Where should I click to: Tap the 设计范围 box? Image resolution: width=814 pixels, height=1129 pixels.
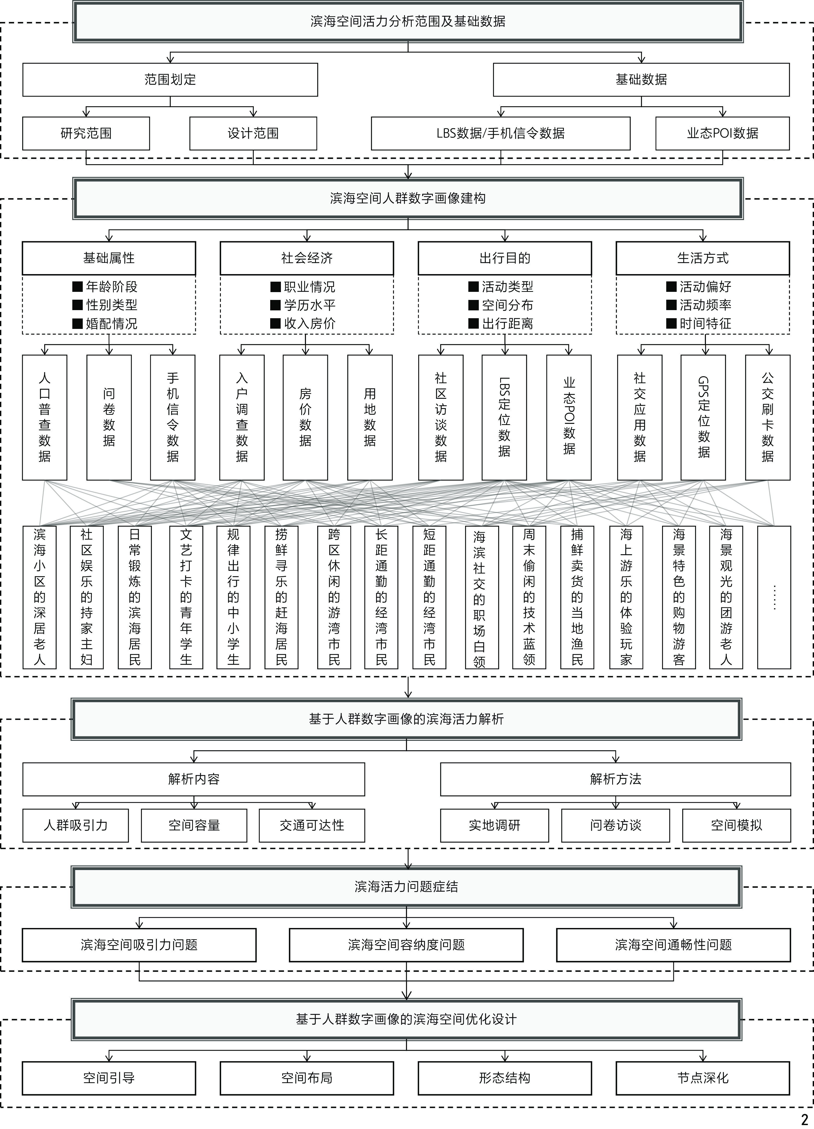coord(253,133)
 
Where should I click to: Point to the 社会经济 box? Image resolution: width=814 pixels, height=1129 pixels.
coord(307,258)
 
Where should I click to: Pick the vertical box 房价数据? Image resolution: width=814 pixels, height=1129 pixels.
coord(305,417)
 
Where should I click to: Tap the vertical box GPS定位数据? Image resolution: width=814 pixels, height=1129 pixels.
coord(703,417)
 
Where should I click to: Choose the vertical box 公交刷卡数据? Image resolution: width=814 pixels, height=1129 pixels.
coord(767,417)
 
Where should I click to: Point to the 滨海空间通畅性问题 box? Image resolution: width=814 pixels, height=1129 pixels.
coord(673,945)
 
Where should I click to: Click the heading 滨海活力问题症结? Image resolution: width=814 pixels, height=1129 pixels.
coord(406,886)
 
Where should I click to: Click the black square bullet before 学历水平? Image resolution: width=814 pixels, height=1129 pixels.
coord(275,305)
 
